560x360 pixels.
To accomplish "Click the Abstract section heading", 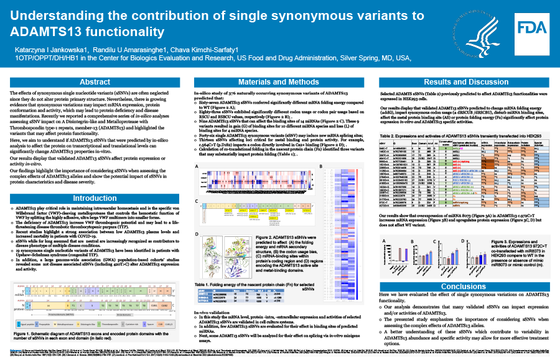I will [x=95, y=81].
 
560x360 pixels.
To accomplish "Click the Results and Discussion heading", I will [x=466, y=81].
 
